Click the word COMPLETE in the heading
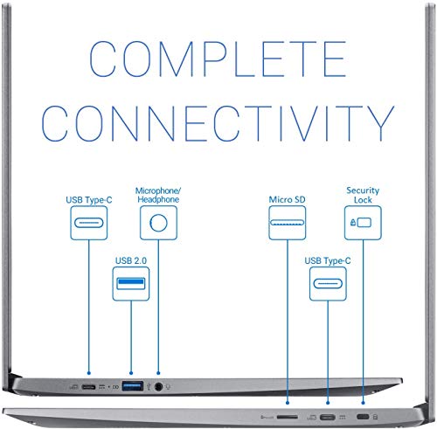tap(218, 59)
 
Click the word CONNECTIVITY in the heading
tap(218, 123)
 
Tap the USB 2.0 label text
tap(131, 260)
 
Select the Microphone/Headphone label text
tap(158, 195)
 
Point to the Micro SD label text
tap(287, 199)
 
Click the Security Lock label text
tap(363, 195)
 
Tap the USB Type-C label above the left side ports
tap(89, 200)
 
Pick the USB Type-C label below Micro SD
tap(328, 261)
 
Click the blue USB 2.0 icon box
tap(131, 284)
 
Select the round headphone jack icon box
tap(158, 223)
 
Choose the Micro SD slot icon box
tap(287, 223)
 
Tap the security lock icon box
tap(363, 223)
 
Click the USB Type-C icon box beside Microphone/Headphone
tap(89, 223)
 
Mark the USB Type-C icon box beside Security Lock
tap(328, 284)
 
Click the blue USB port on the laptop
tap(133, 386)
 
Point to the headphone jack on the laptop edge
tap(158, 387)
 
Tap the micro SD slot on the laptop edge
tap(288, 417)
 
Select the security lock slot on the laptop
tap(363, 417)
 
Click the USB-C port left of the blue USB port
tap(88, 387)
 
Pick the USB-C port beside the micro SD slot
tap(328, 417)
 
